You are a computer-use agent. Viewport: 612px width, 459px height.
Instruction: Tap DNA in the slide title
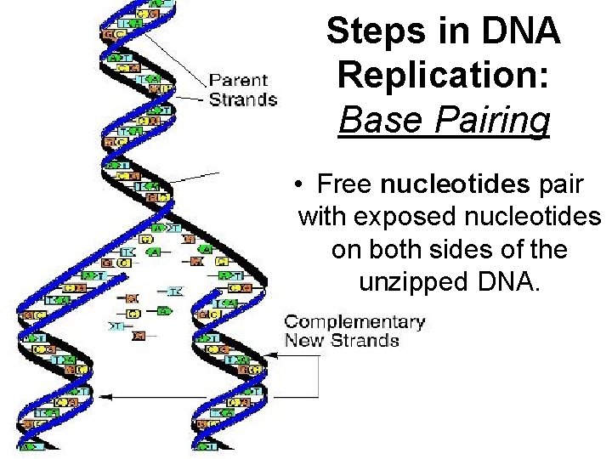[x=518, y=32]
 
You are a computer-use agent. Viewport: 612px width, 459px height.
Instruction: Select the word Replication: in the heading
[x=444, y=76]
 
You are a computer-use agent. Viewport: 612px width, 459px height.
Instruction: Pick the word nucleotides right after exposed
[x=537, y=217]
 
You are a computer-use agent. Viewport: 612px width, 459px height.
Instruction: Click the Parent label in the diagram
[x=239, y=81]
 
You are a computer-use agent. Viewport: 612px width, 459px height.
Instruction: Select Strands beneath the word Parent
[x=243, y=99]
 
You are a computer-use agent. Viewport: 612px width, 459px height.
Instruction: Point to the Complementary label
[x=354, y=323]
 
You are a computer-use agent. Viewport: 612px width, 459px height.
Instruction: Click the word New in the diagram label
[x=303, y=341]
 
